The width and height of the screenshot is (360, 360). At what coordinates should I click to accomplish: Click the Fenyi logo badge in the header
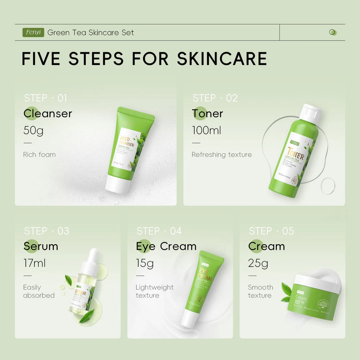[x=33, y=32]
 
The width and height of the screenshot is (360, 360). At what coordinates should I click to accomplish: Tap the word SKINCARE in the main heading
[x=222, y=59]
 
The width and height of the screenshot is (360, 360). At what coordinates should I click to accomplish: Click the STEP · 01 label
[x=45, y=98]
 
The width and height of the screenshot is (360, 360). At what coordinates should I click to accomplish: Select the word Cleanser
[x=48, y=114]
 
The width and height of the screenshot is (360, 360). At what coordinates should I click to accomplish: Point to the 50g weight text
[x=33, y=130]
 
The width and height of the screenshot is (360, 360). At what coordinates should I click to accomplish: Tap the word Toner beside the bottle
[x=207, y=114]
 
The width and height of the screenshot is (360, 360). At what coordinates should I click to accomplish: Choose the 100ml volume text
[x=206, y=130]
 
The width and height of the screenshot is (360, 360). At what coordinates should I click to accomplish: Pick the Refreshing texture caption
[x=221, y=155]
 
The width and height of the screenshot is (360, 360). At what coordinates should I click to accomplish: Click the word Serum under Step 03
[x=41, y=246]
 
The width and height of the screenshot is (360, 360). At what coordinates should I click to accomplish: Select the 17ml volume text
[x=34, y=263]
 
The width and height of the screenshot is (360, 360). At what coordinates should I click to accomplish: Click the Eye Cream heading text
[x=166, y=246]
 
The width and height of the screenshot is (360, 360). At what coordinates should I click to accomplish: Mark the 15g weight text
[x=144, y=263]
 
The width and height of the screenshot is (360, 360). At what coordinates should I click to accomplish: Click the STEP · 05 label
[x=271, y=231]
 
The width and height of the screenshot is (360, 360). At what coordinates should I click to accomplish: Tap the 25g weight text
[x=258, y=263]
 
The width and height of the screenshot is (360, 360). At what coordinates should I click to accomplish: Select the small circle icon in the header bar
[x=333, y=32]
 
